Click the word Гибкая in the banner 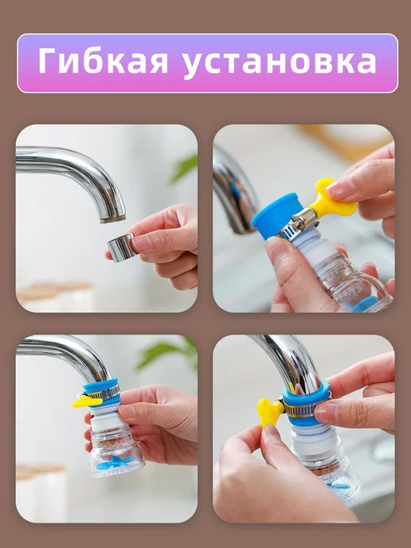tap(103, 61)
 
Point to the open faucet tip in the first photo tap(113, 218)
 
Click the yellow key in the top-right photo tap(332, 198)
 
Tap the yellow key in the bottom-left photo tap(86, 401)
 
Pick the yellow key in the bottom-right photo tap(270, 413)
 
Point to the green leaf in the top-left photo tap(184, 168)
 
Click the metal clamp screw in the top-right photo tap(303, 218)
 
